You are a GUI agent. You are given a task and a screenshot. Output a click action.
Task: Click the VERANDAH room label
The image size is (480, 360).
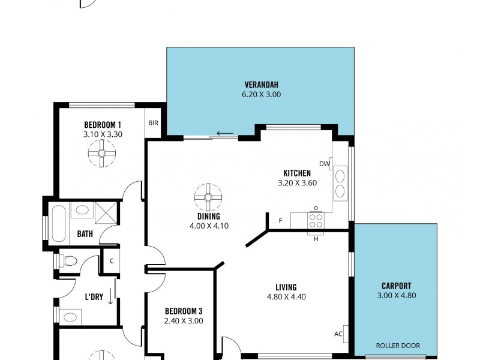pos(261,84)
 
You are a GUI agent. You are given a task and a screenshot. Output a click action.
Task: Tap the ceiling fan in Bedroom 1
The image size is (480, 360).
pos(101,153)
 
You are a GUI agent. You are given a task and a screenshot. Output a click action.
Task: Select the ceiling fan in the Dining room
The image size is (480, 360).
pos(208,197)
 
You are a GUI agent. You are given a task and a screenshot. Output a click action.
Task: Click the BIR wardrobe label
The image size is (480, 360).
pos(153,123)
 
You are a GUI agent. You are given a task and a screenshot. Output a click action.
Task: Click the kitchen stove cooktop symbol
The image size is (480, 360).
pos(316,220)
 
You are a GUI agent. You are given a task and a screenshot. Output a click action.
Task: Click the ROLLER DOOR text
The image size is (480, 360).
pos(397,346)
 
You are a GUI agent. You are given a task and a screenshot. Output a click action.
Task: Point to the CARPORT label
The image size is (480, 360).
pos(396,286)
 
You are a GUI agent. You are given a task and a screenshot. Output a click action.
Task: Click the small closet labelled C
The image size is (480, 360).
pos(111,261)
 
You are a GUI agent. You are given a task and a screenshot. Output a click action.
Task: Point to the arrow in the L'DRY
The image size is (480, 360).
pos(110,298)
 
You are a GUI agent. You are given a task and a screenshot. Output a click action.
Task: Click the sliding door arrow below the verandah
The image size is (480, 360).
pos(225,133)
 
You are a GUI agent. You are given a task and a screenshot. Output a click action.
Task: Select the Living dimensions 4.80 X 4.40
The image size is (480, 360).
pos(286,296)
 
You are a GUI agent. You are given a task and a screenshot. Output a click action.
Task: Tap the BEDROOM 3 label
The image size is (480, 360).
pos(183,311)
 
